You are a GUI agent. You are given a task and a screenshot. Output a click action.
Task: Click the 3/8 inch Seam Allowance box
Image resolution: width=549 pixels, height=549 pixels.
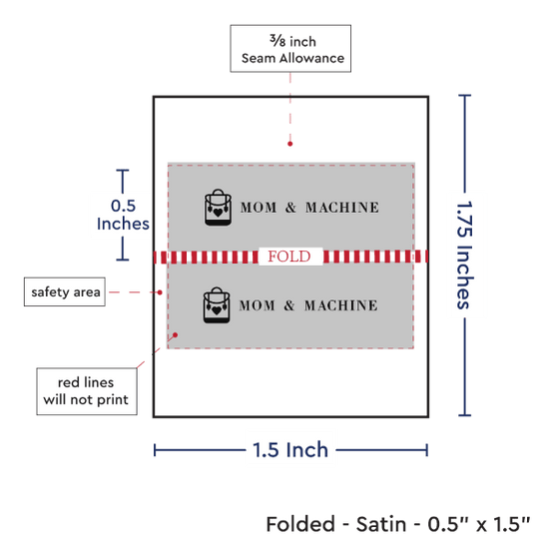click(x=290, y=49)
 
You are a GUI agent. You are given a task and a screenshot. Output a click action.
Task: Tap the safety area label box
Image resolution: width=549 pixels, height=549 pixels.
click(x=65, y=291)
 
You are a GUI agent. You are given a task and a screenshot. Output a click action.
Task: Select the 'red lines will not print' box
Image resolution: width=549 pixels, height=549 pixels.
click(x=87, y=391)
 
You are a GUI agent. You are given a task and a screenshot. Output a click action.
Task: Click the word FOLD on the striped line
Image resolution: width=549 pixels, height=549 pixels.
click(x=289, y=257)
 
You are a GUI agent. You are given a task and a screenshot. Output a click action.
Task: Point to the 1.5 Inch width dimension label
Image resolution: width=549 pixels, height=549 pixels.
click(x=290, y=450)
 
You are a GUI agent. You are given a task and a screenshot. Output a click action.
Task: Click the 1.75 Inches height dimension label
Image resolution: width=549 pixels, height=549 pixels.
click(x=464, y=255)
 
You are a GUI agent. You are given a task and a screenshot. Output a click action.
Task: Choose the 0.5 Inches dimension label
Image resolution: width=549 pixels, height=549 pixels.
click(x=123, y=215)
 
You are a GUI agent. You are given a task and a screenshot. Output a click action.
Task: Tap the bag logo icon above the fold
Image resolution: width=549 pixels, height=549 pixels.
click(x=218, y=208)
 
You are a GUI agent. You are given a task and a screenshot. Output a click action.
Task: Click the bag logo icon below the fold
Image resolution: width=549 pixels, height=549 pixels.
click(x=217, y=305)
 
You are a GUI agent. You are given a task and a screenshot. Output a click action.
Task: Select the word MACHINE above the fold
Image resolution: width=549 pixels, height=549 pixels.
click(x=342, y=208)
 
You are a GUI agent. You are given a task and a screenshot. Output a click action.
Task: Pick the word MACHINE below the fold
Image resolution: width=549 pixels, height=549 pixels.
click(x=341, y=305)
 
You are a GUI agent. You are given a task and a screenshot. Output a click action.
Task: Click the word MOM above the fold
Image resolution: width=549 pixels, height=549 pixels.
click(x=259, y=208)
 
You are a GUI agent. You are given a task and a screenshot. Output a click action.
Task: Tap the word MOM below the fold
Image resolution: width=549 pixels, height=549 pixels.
click(x=257, y=305)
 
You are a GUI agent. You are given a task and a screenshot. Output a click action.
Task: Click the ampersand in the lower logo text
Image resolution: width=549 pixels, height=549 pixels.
click(x=289, y=305)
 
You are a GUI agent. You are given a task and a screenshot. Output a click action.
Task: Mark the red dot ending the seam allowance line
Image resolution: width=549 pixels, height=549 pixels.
click(x=289, y=144)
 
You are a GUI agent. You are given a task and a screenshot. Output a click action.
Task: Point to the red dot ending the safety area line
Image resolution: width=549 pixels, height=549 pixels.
click(x=160, y=292)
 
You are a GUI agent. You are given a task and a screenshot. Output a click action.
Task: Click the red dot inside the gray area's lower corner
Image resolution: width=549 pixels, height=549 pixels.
click(x=175, y=335)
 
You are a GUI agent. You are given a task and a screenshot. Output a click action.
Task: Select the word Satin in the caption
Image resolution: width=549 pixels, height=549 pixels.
click(x=381, y=524)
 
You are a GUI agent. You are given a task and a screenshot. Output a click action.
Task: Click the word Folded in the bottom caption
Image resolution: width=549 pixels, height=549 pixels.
click(x=300, y=524)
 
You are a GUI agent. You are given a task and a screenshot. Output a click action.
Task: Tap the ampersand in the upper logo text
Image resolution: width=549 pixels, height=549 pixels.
click(x=290, y=208)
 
